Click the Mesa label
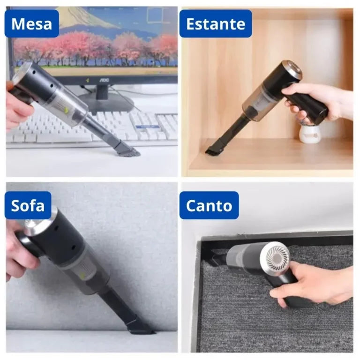click(32, 23)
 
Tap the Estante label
click(216, 23)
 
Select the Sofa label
click(28, 205)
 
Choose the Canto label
click(209, 205)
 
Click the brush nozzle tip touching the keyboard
click(127, 150)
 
